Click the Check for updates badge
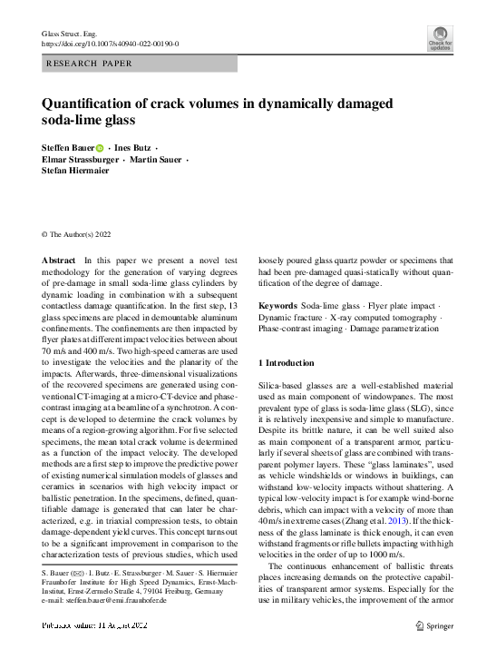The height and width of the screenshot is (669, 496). [440, 37]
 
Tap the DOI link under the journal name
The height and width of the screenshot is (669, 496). [111, 44]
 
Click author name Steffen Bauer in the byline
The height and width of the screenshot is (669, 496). [67, 148]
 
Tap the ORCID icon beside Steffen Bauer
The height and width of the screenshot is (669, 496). [100, 149]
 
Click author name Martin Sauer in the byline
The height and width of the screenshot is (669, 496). [159, 160]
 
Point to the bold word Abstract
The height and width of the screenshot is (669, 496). [59, 261]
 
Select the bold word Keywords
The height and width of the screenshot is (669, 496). [278, 306]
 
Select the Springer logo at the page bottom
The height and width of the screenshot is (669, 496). [433, 625]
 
